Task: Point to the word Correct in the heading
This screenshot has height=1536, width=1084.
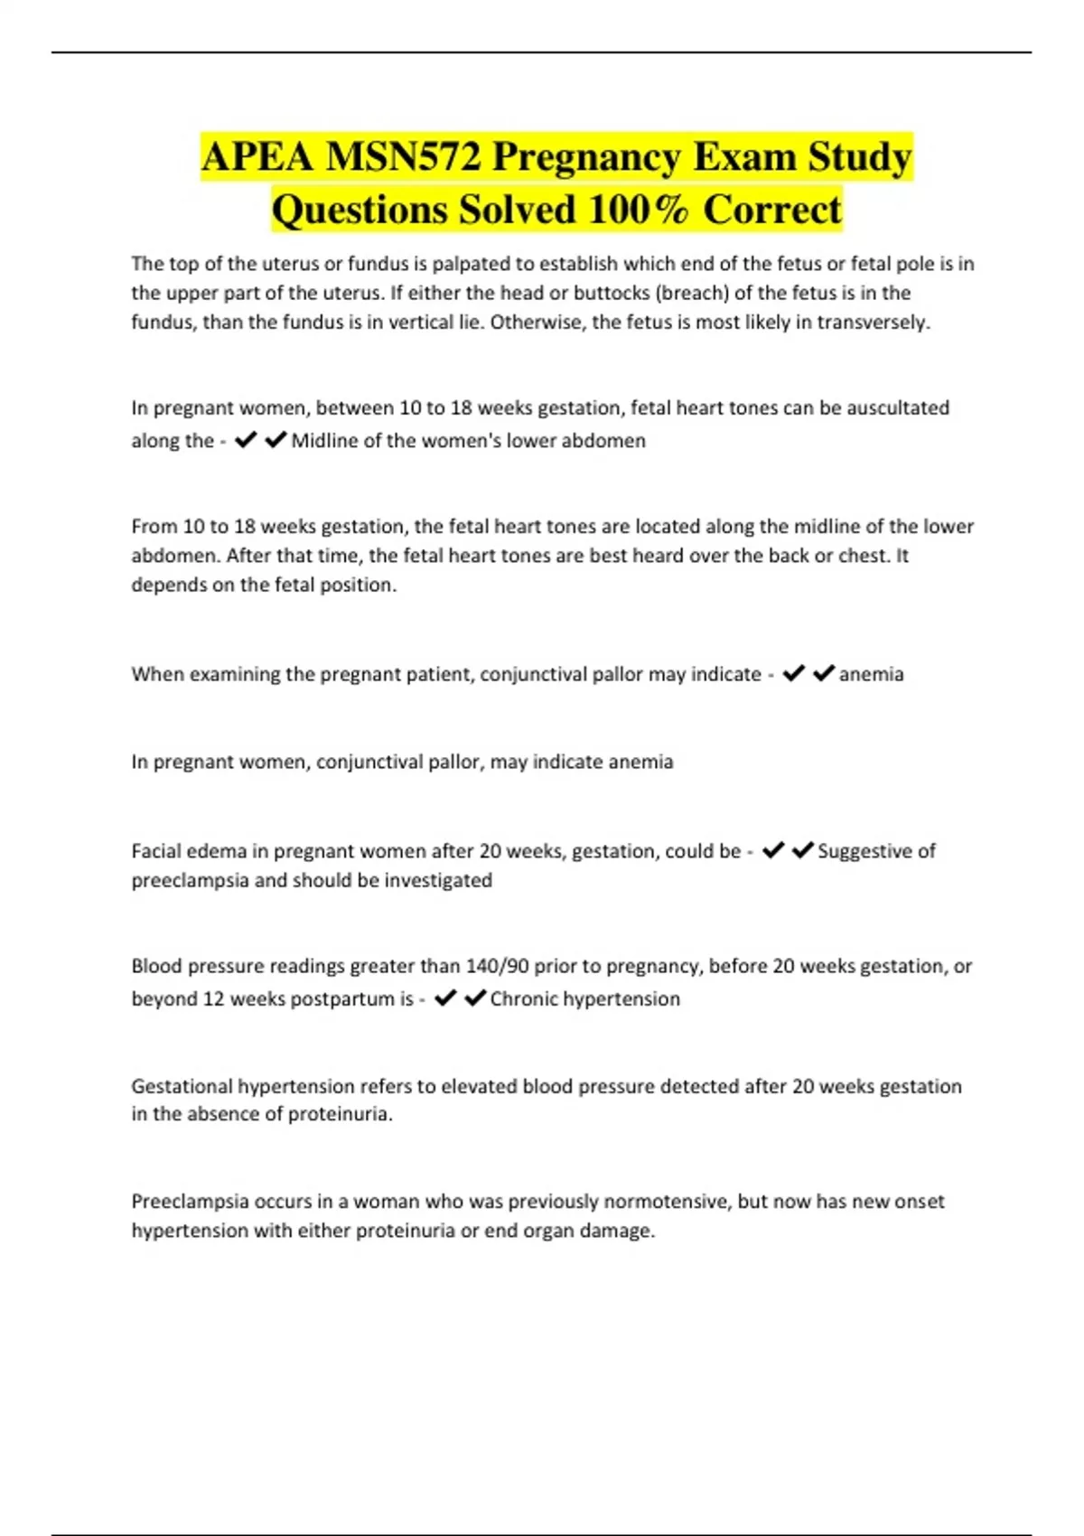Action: coord(772,210)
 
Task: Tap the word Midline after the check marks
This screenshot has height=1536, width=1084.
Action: coord(324,441)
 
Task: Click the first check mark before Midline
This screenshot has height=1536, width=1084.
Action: coord(245,440)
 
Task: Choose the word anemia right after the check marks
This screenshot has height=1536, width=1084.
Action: coord(871,674)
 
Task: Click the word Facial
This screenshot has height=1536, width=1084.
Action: coord(158,851)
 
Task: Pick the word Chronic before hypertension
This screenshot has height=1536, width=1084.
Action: coord(523,999)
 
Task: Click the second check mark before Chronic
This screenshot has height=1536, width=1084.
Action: coord(475,998)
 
